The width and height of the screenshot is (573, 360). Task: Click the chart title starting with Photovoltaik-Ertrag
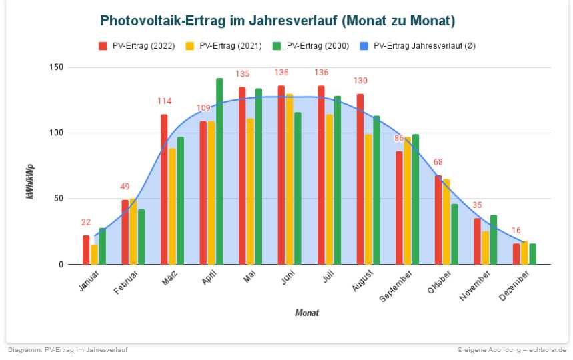277,21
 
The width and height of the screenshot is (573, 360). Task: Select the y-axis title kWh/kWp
30,181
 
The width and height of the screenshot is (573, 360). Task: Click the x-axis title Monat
307,313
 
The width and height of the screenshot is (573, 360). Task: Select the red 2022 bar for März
164,189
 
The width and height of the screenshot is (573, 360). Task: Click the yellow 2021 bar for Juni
290,179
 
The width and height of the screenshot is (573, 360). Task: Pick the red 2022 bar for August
360,179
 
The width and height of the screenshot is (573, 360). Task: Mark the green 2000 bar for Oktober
454,234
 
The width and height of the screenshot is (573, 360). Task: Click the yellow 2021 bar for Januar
94,255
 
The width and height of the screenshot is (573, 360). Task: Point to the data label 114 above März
164,101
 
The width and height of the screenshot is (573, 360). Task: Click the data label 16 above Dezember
516,231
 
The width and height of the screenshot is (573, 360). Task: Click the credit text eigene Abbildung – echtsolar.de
512,349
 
